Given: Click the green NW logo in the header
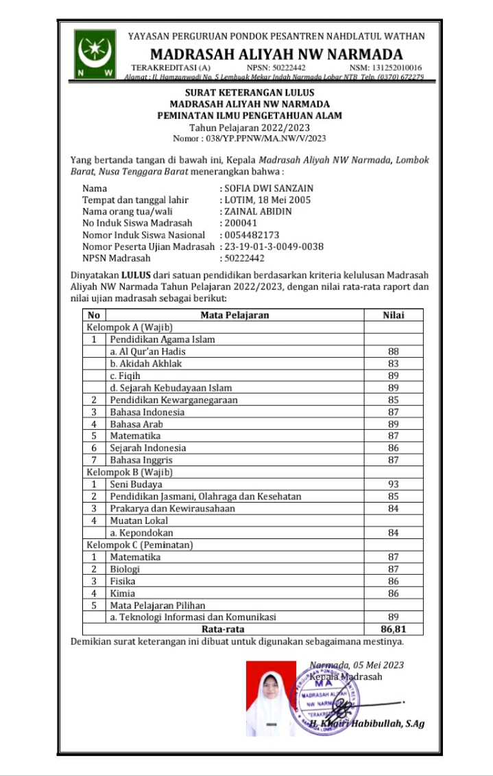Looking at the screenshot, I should [96, 54].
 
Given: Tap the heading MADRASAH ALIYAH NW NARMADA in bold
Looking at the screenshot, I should [276, 54].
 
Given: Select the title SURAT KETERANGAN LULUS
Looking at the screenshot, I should [250, 93].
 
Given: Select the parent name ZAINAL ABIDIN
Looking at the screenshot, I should [258, 212].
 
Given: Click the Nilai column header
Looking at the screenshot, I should [393, 315].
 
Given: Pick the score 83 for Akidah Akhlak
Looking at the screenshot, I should [393, 363].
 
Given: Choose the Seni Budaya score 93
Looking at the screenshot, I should [393, 484].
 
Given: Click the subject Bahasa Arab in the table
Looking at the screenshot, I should [136, 424].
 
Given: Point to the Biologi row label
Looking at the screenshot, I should [125, 569].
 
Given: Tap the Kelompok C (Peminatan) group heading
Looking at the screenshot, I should [139, 545].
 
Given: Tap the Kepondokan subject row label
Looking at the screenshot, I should [141, 532].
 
